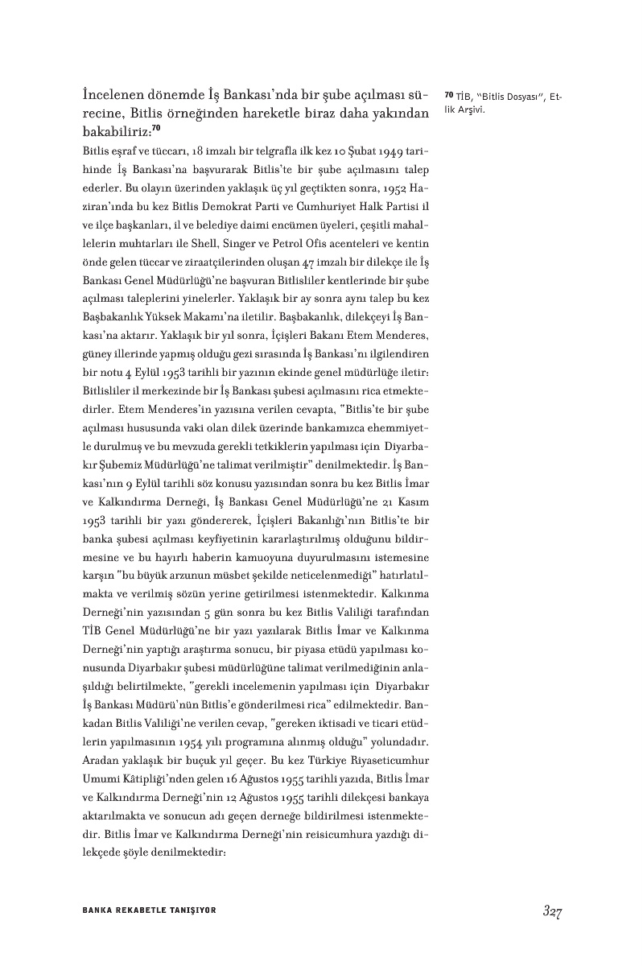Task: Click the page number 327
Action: click(x=551, y=911)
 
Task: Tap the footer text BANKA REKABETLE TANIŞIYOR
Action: click(x=149, y=910)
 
